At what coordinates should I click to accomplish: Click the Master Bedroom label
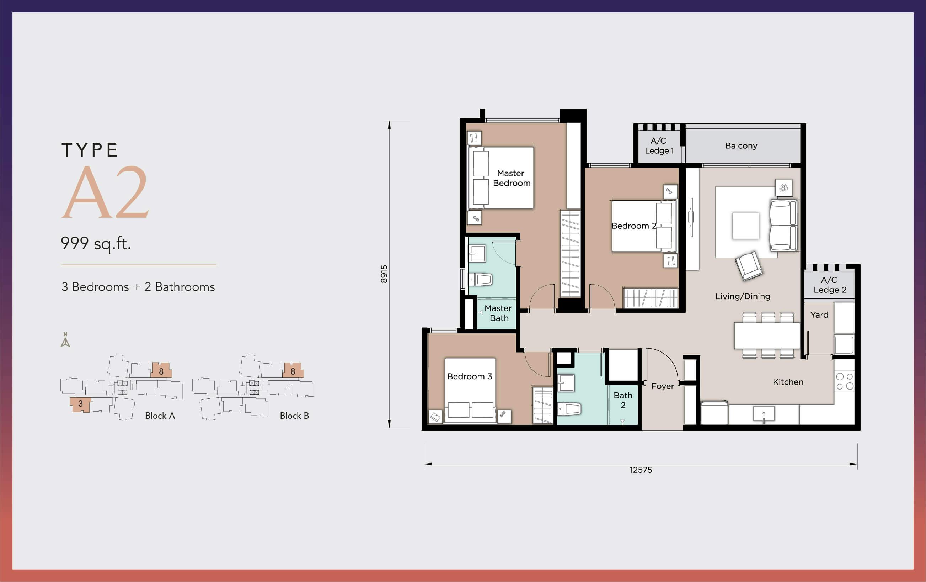512,178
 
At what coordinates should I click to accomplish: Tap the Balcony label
741,146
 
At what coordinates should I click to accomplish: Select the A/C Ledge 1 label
659,146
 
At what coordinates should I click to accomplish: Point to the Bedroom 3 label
470,376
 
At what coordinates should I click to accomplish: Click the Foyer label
662,386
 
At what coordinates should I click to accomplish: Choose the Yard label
819,315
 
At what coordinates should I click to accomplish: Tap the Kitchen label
788,382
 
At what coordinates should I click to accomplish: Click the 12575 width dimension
641,470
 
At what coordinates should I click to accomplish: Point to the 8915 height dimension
384,274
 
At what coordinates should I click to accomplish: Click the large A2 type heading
105,192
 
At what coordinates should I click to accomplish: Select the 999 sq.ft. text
96,243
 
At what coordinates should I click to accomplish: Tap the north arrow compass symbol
65,340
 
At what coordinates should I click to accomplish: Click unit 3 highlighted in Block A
80,404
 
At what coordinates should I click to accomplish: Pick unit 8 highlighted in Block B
293,370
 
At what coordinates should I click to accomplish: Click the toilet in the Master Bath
481,279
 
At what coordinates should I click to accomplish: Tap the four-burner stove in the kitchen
845,381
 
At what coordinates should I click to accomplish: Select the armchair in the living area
749,266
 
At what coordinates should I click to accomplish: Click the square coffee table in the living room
746,226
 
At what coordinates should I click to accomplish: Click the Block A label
160,416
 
